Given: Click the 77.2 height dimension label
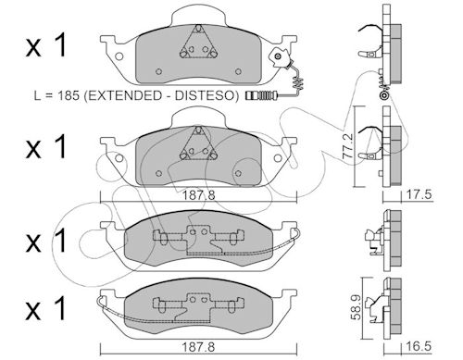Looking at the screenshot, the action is pyautogui.click(x=348, y=146).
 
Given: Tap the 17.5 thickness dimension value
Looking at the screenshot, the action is pyautogui.click(x=418, y=195).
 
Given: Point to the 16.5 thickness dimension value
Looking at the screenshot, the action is pyautogui.click(x=419, y=346).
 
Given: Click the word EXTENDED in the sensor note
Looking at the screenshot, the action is pyautogui.click(x=124, y=95).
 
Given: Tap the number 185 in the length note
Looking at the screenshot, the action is pyautogui.click(x=68, y=95).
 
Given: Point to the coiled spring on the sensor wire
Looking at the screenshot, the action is pyautogui.click(x=297, y=81).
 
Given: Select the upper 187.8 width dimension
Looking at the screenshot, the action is pyautogui.click(x=198, y=195).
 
